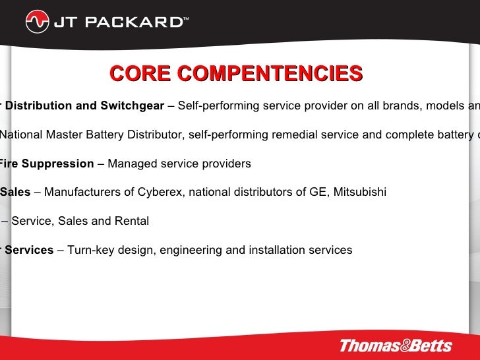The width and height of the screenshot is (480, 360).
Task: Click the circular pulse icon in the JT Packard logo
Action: tap(38, 22)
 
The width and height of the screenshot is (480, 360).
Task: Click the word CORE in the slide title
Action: tap(138, 74)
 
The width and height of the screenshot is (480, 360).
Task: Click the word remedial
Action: tap(279, 135)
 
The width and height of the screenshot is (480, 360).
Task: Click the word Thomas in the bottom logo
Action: tap(370, 345)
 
